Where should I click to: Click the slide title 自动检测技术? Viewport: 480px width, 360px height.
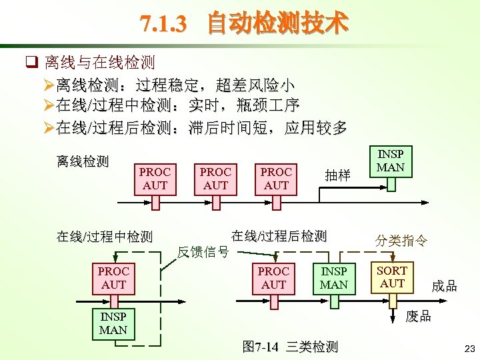tap(244, 24)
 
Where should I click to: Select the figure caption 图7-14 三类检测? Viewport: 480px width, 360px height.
tap(291, 347)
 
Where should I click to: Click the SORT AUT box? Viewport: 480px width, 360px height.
tap(392, 277)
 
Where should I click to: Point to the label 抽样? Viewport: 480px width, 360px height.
tap(337, 175)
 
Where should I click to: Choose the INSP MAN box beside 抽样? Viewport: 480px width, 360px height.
tap(391, 161)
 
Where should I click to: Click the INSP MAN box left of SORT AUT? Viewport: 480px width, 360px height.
tap(334, 278)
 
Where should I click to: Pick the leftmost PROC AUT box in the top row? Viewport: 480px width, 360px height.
tap(155, 178)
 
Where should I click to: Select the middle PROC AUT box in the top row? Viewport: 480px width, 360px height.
tap(215, 178)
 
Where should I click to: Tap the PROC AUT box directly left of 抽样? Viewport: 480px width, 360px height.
tap(276, 178)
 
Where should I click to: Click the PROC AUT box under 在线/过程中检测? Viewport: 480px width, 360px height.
tap(113, 278)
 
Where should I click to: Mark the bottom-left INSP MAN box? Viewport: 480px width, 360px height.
tap(113, 323)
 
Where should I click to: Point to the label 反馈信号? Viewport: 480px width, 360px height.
tap(203, 251)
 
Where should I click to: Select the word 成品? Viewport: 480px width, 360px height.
tap(444, 286)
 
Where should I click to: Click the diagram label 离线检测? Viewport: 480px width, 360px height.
tap(83, 161)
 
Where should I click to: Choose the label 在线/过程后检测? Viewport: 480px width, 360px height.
tap(279, 235)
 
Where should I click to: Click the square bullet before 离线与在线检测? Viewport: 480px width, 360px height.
tap(30, 63)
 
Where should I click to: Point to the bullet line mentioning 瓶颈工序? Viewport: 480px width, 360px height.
tap(177, 105)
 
